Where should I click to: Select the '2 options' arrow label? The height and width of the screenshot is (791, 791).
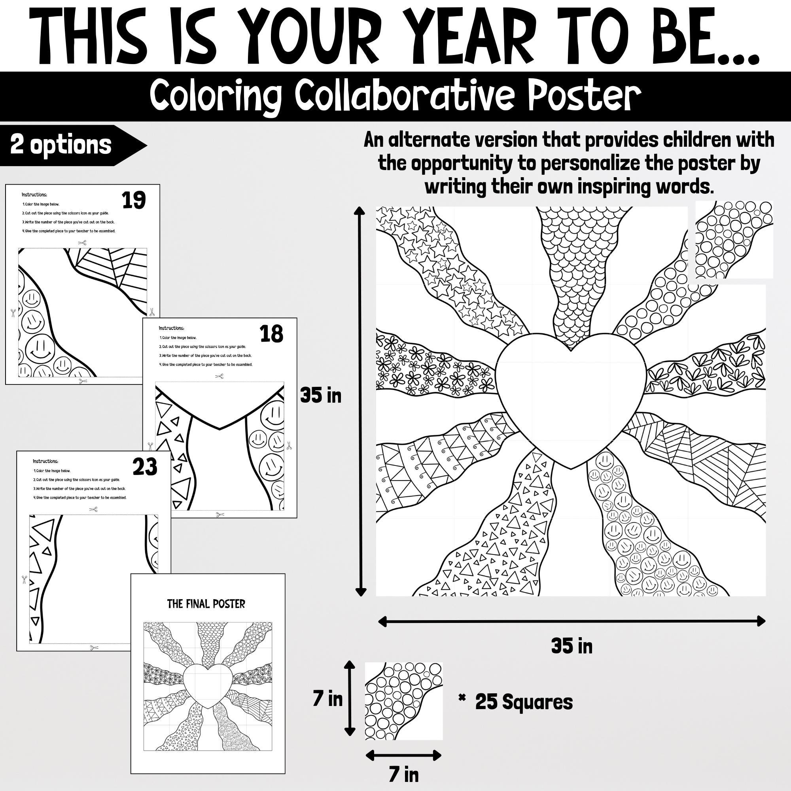61,145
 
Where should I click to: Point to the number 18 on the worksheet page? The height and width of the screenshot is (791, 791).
271,334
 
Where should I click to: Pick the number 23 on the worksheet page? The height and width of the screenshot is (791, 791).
144,467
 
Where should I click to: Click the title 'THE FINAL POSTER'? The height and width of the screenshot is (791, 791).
206,604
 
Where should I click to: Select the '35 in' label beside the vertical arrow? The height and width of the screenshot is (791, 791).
321,396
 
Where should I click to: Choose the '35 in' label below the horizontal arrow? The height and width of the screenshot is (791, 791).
571,647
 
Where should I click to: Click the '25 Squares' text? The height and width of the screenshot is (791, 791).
524,702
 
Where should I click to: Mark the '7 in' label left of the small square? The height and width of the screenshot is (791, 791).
327,699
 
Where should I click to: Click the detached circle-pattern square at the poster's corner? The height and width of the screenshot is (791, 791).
734,240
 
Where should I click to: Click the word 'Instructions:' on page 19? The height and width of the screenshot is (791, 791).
34,195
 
